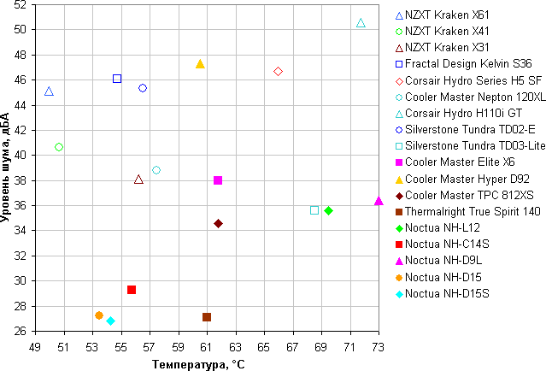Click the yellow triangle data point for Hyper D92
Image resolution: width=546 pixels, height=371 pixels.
click(200, 64)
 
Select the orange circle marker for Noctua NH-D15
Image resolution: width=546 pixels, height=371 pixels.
click(99, 315)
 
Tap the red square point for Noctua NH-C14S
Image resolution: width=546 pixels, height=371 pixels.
click(132, 290)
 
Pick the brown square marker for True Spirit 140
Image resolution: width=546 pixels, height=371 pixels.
click(207, 317)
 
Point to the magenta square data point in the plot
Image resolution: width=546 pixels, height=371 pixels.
click(218, 180)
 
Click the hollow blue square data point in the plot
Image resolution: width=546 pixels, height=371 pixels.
click(117, 79)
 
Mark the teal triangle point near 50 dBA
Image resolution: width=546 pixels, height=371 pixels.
click(361, 23)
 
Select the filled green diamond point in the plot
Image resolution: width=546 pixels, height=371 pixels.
click(329, 210)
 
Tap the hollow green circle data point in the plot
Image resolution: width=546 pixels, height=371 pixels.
click(59, 147)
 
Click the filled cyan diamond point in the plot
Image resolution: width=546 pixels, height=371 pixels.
click(110, 321)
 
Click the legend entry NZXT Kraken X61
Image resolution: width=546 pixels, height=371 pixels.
click(448, 15)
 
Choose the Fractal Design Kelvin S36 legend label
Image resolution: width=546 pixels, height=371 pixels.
click(468, 64)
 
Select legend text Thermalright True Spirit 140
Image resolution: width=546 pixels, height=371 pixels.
click(473, 211)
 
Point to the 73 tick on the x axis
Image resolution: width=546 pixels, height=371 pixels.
click(379, 348)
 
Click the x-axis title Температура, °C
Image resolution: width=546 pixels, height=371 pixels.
click(198, 364)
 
